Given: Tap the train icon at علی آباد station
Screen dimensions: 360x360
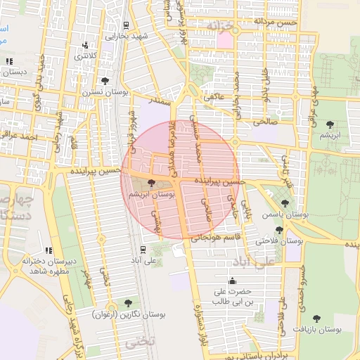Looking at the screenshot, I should pos(143,249).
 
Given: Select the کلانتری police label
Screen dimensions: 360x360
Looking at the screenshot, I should pos(86,56).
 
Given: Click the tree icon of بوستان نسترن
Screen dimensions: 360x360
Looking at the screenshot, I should pos(105,81).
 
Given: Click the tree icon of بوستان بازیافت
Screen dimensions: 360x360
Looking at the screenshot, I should pos(317,319).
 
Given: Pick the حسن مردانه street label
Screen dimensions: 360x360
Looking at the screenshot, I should pos(277,22).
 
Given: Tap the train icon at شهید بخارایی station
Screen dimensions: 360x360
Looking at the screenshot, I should pos(126,24).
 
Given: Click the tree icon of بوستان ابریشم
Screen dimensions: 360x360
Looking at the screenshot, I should pos(153,182).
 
